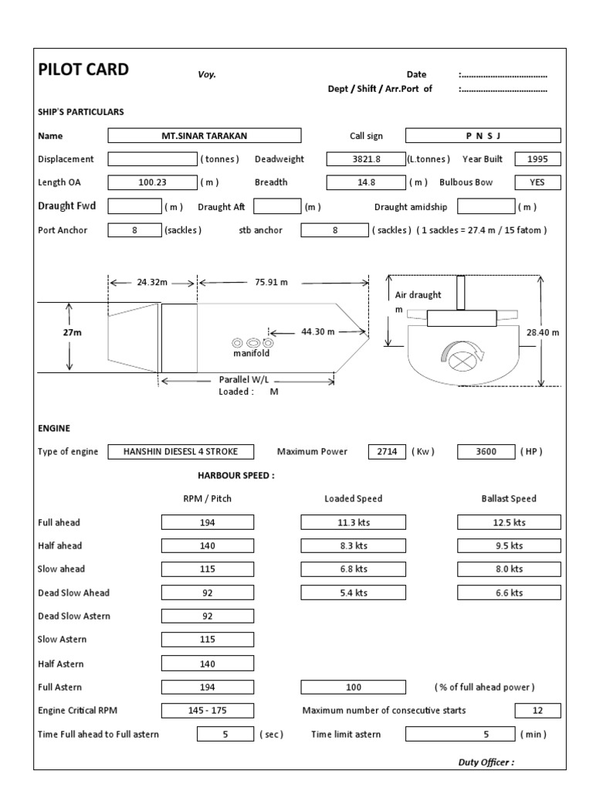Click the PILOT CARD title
83,70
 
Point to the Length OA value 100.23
152,183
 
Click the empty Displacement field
152,159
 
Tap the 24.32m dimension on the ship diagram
152,283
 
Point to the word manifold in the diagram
252,354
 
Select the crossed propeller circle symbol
460,358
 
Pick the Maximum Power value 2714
387,451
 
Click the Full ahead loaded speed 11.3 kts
353,522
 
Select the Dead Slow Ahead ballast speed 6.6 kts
507,592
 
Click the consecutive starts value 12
537,711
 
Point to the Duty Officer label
486,762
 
